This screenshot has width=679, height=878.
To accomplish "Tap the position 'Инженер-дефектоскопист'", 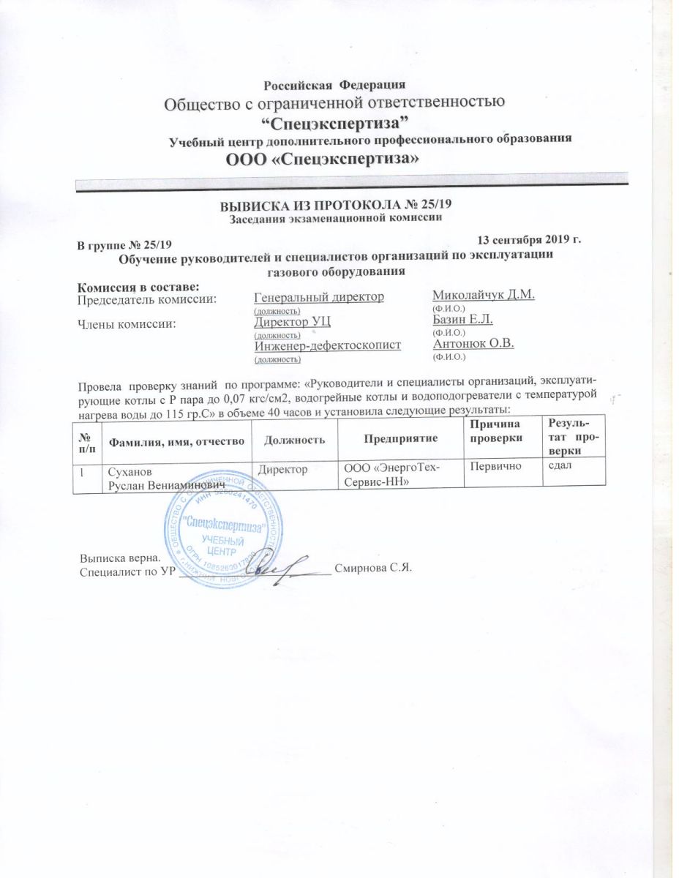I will [327, 345].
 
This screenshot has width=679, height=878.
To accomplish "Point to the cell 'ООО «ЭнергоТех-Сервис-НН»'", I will [392, 473].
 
